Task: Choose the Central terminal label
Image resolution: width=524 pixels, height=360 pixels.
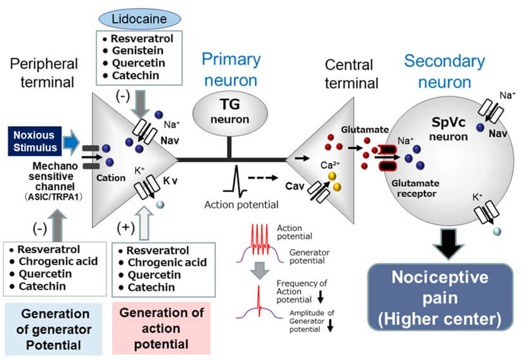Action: pos(351,74)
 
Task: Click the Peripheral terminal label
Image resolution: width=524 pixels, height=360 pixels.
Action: pos(44,74)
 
